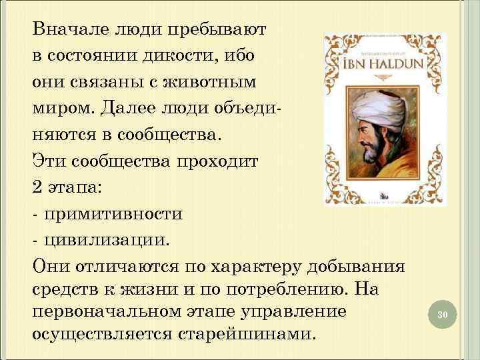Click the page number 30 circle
[x=439, y=314]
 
